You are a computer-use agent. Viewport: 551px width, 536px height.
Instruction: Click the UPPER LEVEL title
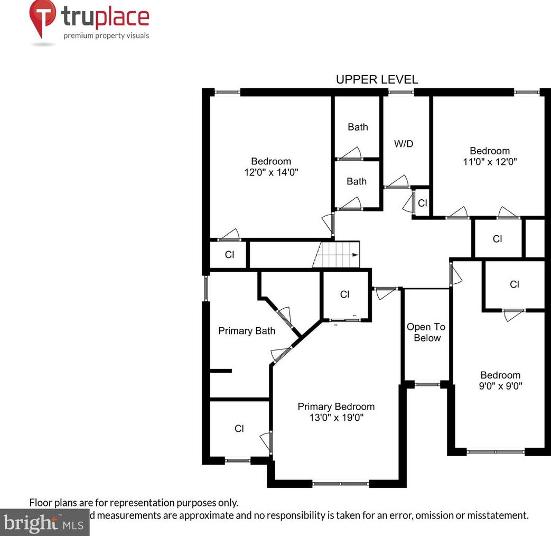coord(377,80)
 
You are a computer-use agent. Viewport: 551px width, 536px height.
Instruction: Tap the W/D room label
coord(404,144)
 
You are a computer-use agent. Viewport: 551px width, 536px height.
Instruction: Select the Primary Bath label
coord(247,331)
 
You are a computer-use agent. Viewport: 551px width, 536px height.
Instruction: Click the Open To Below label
coord(426,332)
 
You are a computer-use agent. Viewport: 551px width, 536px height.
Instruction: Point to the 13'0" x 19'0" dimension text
coord(336,418)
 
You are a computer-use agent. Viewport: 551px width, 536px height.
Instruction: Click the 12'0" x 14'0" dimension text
coord(271,172)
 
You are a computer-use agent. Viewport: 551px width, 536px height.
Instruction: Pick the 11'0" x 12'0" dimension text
coord(490,162)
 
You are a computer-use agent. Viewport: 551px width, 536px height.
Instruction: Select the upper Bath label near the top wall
coord(358,127)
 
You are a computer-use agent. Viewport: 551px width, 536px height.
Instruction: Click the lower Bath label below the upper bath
coord(357,181)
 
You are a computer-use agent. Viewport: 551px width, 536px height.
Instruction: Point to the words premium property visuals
coord(106,36)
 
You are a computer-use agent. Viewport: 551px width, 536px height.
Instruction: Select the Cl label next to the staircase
coord(229,255)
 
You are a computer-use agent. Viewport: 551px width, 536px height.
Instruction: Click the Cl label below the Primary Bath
coord(239,429)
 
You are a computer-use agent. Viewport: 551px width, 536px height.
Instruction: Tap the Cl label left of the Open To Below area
coord(344,294)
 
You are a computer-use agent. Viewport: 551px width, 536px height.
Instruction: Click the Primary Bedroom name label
coord(336,406)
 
